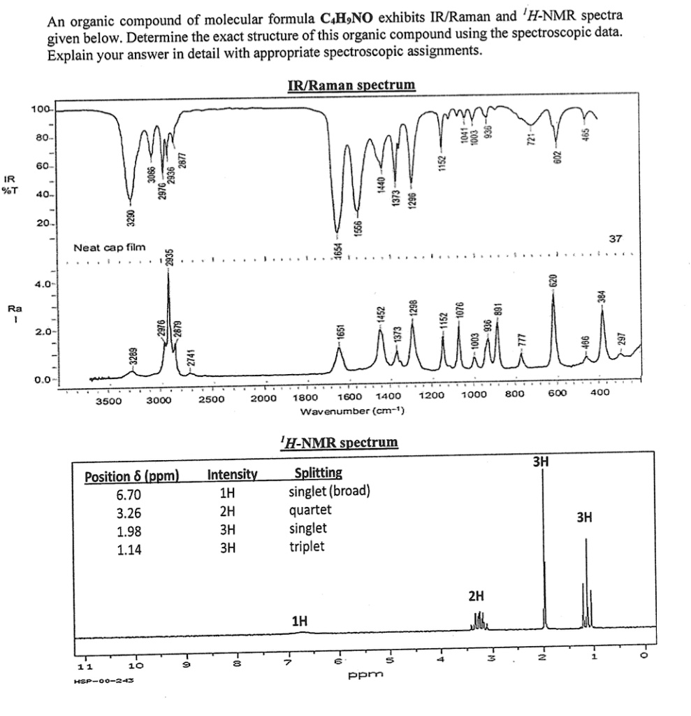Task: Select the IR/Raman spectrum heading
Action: pyautogui.click(x=351, y=85)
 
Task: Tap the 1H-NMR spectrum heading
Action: pyautogui.click(x=338, y=442)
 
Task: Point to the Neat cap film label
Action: pyautogui.click(x=110, y=247)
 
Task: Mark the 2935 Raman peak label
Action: pyautogui.click(x=169, y=256)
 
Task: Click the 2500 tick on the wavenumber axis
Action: pyautogui.click(x=210, y=400)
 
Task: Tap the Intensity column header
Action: pyautogui.click(x=233, y=477)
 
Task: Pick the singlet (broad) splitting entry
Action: pyautogui.click(x=329, y=494)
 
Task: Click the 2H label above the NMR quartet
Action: pyautogui.click(x=476, y=596)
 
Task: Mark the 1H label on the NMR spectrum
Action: pyautogui.click(x=300, y=621)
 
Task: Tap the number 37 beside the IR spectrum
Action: pyautogui.click(x=615, y=239)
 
